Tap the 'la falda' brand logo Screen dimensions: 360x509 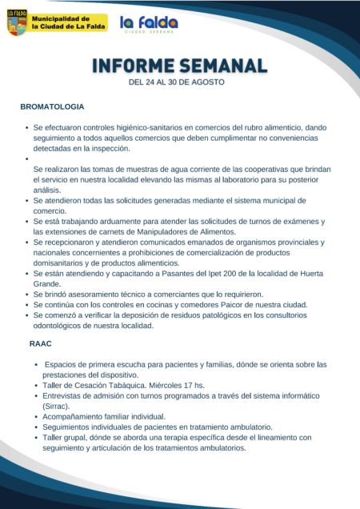click(149, 24)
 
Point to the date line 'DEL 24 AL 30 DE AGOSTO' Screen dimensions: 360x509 click(177, 82)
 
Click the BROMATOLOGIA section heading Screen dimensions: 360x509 click(52, 106)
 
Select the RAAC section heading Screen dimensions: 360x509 click(41, 343)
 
